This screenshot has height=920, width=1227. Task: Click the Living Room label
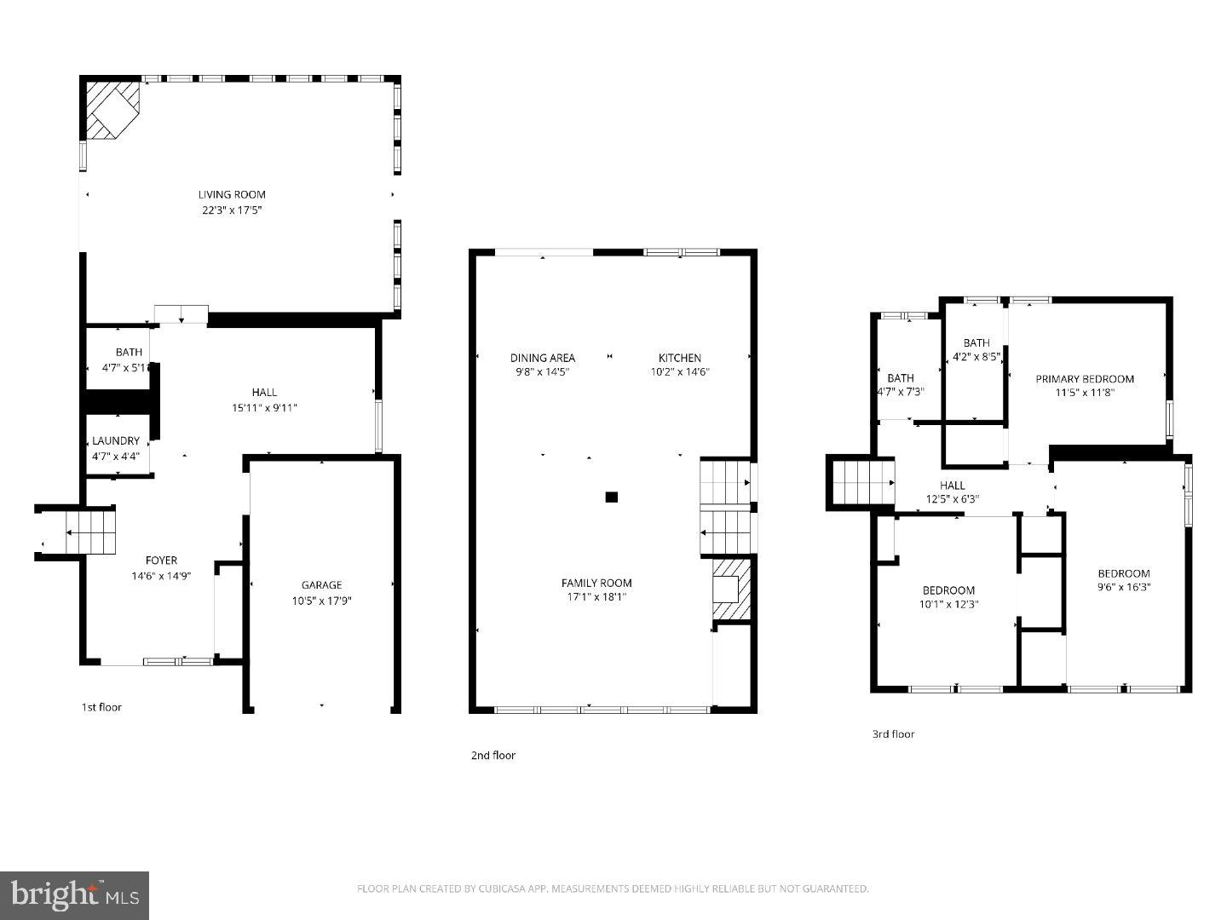point(232,194)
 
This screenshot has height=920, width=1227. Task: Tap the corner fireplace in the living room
point(111,108)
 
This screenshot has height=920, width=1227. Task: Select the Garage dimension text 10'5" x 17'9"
point(321,600)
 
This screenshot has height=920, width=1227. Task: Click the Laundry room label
point(116,440)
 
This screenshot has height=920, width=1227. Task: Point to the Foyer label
point(161,560)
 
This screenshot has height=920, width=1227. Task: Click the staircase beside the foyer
point(89,532)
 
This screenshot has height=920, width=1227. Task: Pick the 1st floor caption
point(101,707)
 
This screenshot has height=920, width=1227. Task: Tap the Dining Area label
point(542,358)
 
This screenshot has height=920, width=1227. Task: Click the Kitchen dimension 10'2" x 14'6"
point(679,371)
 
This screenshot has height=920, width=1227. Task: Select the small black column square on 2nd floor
point(611,497)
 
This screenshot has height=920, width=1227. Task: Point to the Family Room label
point(596,583)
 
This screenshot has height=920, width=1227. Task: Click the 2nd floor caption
point(493,755)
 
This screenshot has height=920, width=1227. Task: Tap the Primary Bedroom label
point(1084,378)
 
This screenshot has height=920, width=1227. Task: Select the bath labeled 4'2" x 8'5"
point(976,357)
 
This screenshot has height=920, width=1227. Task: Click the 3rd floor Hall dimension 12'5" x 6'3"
point(952,499)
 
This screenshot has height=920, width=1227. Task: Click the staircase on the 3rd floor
point(861,482)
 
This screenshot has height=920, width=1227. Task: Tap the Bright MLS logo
point(75,894)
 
